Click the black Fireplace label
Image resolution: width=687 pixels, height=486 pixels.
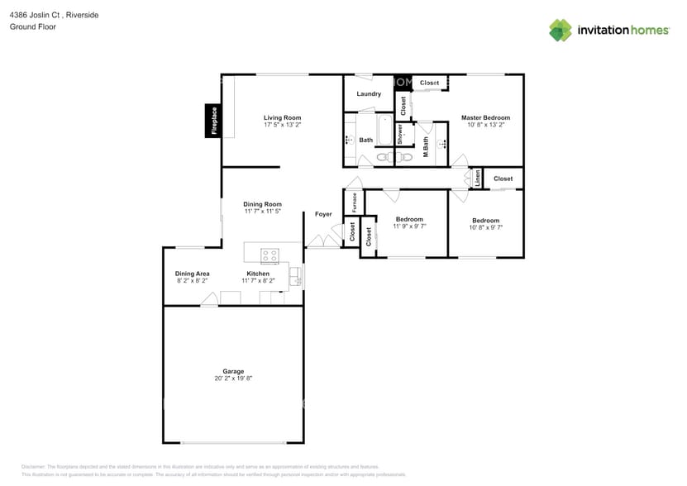pos(213,121)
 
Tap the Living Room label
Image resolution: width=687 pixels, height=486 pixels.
pos(282,117)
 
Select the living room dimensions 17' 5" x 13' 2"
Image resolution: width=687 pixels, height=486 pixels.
pos(282,126)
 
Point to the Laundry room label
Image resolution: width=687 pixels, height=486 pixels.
pos(369,94)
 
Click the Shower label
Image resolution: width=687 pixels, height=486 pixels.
pos(400,134)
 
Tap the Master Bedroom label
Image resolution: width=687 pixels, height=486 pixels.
pos(485,117)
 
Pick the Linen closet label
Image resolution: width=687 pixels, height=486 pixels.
pos(477,179)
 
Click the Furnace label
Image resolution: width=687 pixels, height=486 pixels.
pos(355,202)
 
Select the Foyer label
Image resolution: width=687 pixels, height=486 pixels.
pos(323,214)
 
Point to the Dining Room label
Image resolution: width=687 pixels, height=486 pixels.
pos(262,204)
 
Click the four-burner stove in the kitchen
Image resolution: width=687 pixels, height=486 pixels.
pos(270,255)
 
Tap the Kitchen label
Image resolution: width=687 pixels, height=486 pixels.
pos(258,274)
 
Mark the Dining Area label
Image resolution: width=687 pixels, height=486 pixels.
pos(192,274)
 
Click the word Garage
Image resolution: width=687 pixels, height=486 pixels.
pos(233,371)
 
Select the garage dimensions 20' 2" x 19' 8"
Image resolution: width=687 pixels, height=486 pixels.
pos(233,379)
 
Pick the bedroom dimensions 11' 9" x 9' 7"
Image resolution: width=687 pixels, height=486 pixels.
pos(409,226)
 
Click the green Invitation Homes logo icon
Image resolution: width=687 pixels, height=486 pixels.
pos(561,31)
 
